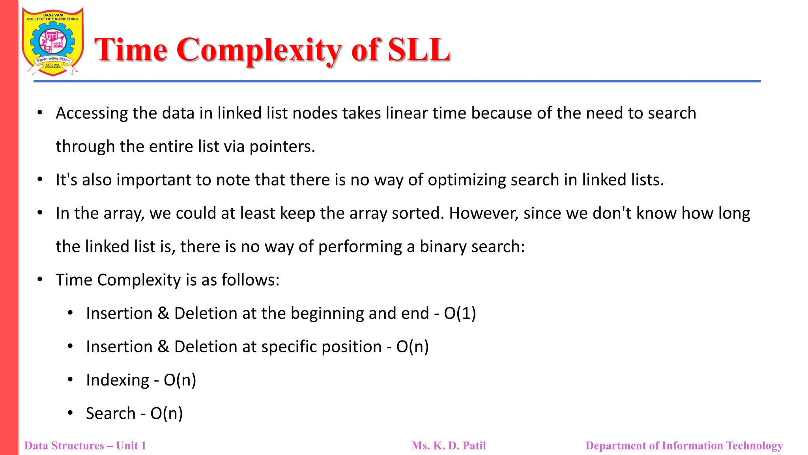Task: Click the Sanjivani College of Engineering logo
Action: (x=52, y=42)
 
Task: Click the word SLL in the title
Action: (x=419, y=50)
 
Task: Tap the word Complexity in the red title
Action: (x=259, y=51)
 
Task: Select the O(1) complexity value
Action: (x=460, y=314)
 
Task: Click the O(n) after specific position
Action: (x=412, y=347)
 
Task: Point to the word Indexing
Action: (x=118, y=380)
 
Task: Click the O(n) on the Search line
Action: (x=166, y=414)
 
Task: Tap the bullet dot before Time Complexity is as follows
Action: (x=40, y=280)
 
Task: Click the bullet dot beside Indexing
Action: (x=70, y=380)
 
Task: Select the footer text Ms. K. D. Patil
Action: (x=449, y=446)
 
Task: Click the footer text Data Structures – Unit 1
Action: (x=85, y=446)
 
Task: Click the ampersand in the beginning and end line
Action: (x=163, y=314)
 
